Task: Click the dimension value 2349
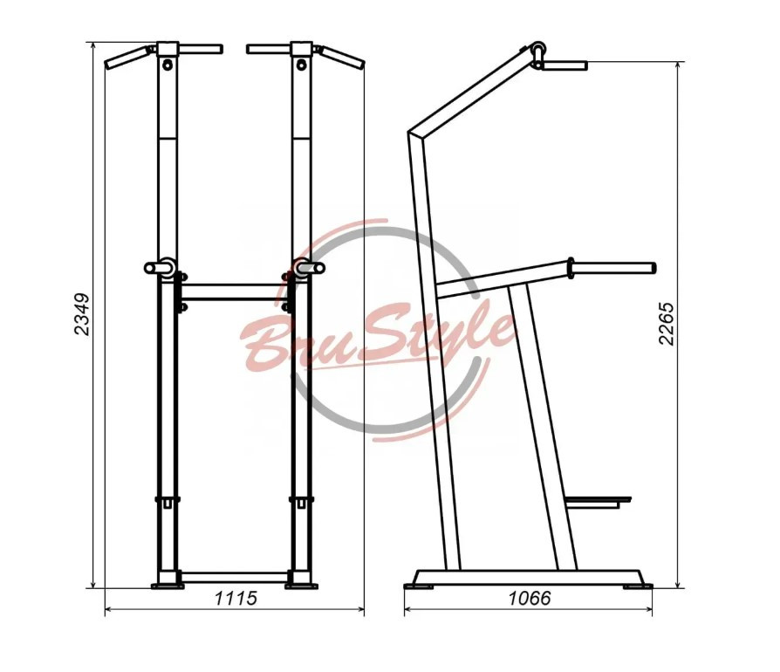point(82,314)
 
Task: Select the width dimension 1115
point(236,598)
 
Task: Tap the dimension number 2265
point(667,323)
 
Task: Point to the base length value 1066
point(530,598)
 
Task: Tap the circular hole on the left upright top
point(168,65)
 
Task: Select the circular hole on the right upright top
point(301,65)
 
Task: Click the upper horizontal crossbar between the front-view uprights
point(232,292)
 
